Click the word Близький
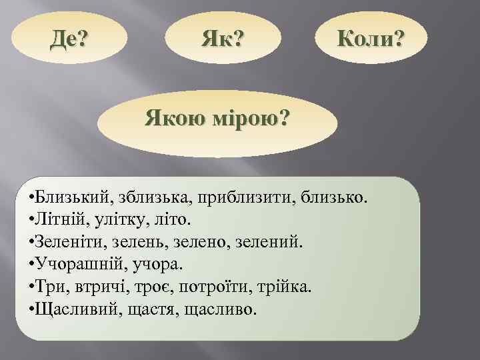click(x=75, y=198)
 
